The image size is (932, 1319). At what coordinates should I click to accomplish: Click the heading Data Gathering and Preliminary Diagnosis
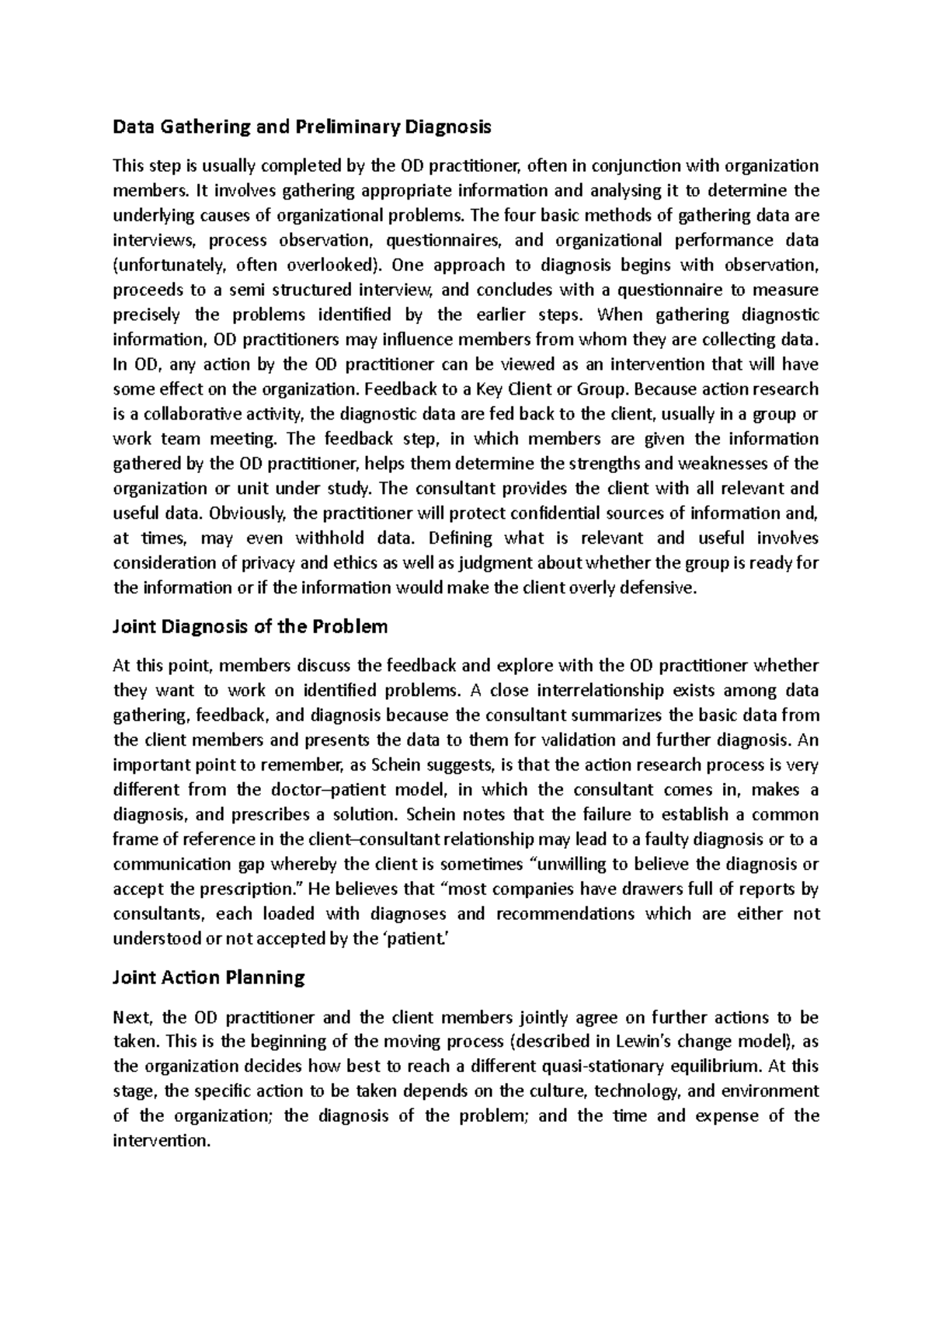click(302, 126)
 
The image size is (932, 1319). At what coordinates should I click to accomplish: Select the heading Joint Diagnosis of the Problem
click(250, 626)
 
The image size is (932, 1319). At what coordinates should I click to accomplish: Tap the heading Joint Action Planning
click(209, 977)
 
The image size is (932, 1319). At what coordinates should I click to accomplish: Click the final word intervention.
click(162, 1141)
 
